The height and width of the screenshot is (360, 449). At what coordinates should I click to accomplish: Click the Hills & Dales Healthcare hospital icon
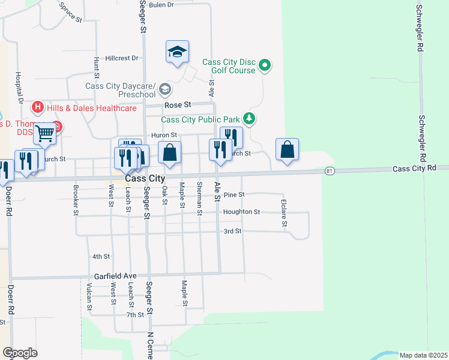pyautogui.click(x=38, y=108)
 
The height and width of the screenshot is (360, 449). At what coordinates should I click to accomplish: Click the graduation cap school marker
pyautogui.click(x=178, y=52)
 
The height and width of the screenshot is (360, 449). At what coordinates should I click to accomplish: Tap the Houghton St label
pyautogui.click(x=241, y=212)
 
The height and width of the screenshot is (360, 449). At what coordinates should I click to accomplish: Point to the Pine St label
pyautogui.click(x=234, y=195)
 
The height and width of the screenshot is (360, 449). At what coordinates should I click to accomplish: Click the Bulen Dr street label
pyautogui.click(x=161, y=5)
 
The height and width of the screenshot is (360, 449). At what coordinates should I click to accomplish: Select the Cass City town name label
pyautogui.click(x=145, y=179)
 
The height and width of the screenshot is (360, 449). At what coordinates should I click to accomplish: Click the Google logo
pyautogui.click(x=20, y=353)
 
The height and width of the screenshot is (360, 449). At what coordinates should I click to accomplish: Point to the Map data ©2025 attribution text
pyautogui.click(x=423, y=355)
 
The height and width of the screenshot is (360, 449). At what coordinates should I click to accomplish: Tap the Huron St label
pyautogui.click(x=164, y=136)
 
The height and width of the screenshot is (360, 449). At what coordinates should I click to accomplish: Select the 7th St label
pyautogui.click(x=135, y=314)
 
